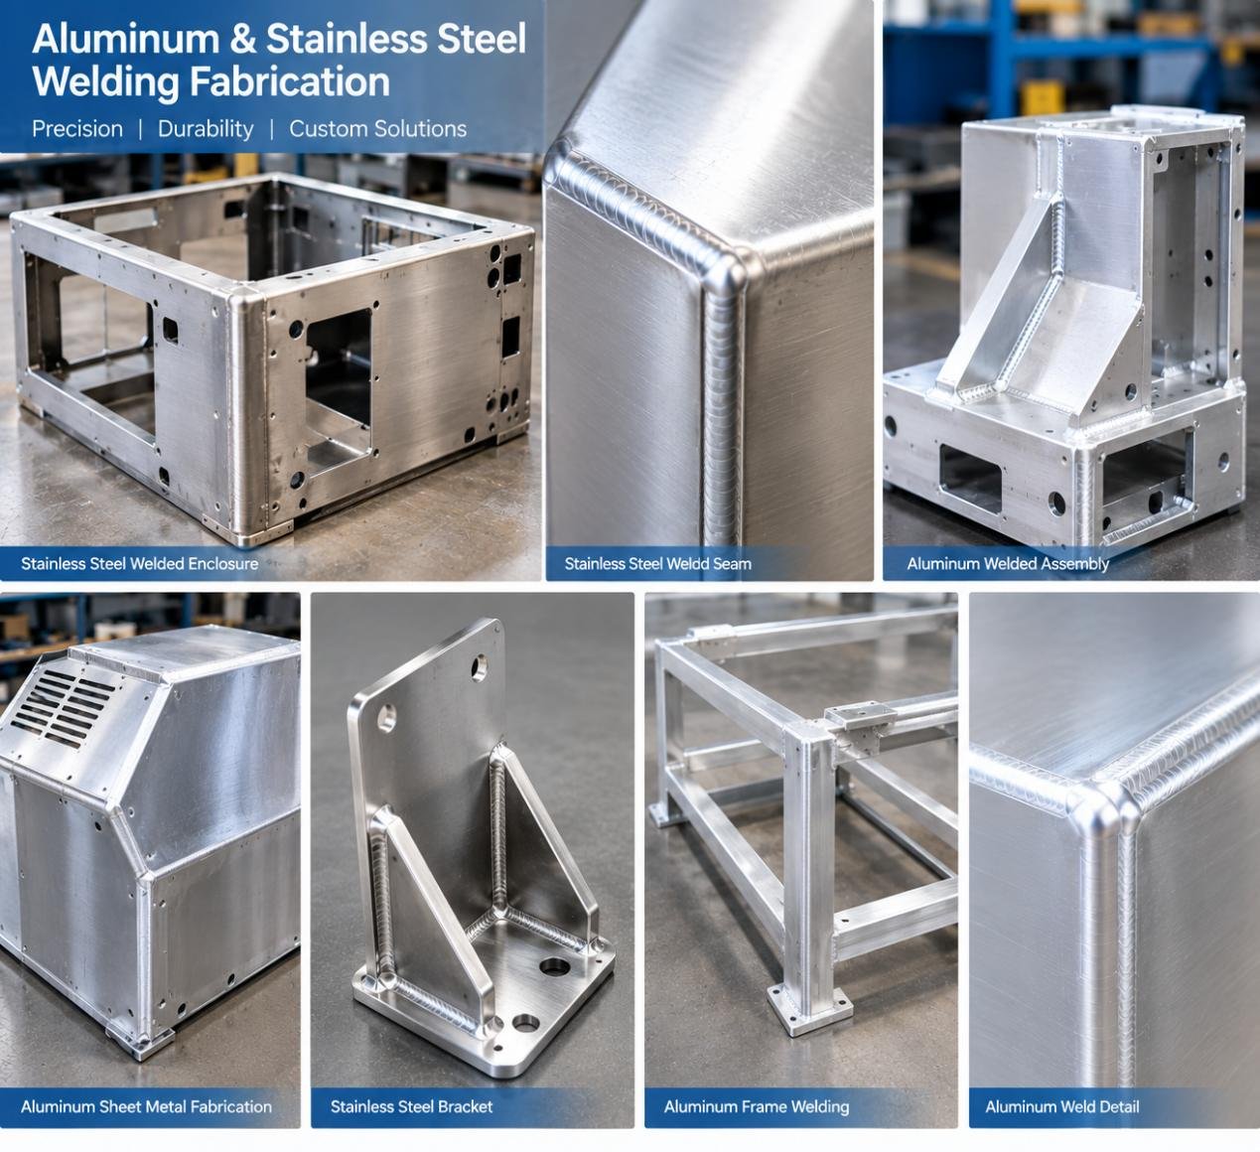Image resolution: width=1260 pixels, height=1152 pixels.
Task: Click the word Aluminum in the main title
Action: click(126, 39)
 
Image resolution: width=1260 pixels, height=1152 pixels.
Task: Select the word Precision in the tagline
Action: click(77, 129)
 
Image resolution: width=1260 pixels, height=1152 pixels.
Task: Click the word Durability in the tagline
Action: click(206, 129)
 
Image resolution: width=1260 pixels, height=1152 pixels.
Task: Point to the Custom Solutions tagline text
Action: click(377, 129)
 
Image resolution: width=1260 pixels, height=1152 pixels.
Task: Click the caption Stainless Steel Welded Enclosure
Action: click(139, 564)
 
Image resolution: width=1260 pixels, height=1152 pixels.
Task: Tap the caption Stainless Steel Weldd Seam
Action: click(657, 564)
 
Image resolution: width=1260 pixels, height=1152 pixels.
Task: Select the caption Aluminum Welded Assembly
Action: click(1008, 564)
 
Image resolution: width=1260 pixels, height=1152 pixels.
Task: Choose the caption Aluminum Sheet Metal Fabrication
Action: click(146, 1106)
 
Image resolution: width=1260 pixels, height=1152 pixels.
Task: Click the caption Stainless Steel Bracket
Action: click(411, 1106)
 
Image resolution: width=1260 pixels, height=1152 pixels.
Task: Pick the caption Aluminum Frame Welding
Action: click(757, 1106)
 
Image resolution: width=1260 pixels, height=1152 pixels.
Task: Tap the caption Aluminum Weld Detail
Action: click(1061, 1106)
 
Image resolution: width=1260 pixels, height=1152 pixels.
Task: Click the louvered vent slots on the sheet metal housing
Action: click(62, 708)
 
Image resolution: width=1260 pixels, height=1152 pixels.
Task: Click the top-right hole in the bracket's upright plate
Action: click(480, 667)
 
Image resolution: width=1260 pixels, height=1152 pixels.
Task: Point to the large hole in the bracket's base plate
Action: click(555, 966)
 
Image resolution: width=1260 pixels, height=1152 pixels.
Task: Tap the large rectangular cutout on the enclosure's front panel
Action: click(339, 382)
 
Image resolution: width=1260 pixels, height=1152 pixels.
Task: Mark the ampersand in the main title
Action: click(243, 39)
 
